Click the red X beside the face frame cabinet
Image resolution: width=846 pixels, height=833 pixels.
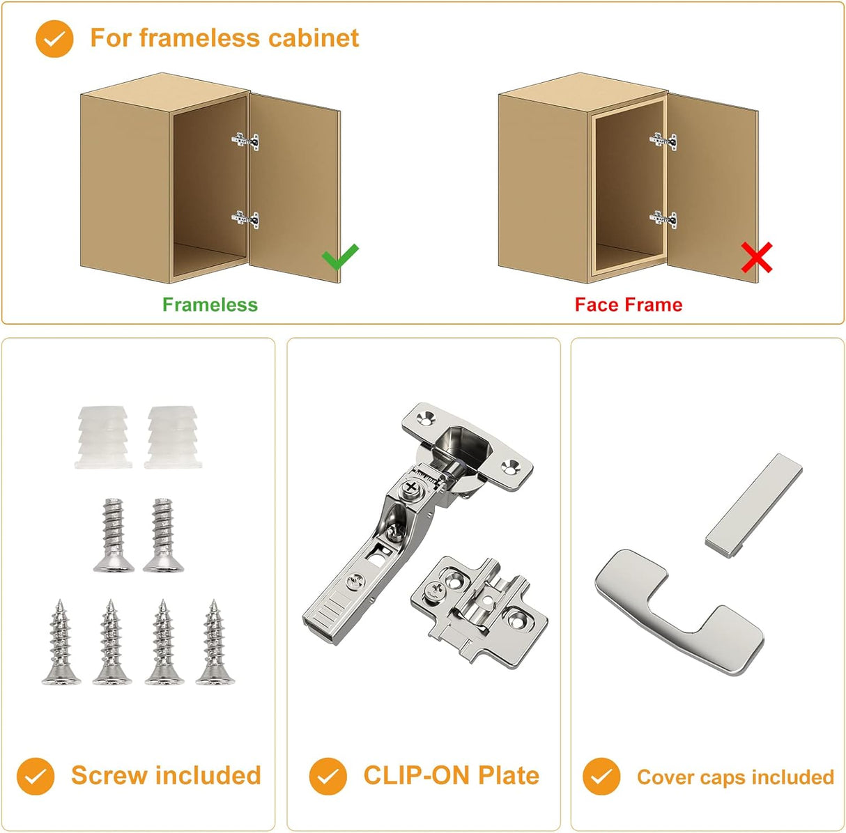pos(756,258)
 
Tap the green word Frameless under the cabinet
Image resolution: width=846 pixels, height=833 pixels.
pos(210,304)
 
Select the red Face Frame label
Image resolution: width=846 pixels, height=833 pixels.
pos(628,304)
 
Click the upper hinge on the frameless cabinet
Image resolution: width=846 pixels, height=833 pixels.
pos(245,141)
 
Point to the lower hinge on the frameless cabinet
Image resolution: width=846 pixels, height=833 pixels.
pos(245,219)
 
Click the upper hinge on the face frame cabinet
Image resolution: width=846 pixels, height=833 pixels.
pos(663,141)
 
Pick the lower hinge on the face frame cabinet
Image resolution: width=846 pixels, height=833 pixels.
pos(663,219)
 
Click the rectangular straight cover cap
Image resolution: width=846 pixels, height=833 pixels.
pos(753,504)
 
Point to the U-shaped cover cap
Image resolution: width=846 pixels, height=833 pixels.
pos(679,612)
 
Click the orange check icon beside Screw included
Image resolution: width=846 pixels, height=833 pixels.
pos(36,777)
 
